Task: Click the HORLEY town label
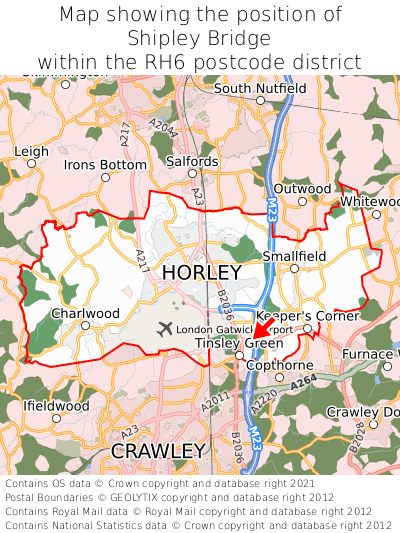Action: (x=201, y=273)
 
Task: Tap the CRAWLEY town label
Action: (x=158, y=451)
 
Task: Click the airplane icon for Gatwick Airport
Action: (x=165, y=329)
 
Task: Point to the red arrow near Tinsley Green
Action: (x=262, y=330)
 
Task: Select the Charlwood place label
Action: (x=85, y=313)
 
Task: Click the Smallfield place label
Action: (x=294, y=256)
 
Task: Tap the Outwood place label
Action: (x=302, y=188)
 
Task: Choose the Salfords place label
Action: (x=192, y=161)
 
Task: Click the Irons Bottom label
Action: (x=105, y=164)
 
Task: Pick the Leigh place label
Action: (x=31, y=152)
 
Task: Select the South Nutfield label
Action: (x=260, y=88)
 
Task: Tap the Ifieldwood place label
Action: (x=56, y=406)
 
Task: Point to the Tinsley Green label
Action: (x=239, y=343)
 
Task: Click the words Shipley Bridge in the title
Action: (x=200, y=39)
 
